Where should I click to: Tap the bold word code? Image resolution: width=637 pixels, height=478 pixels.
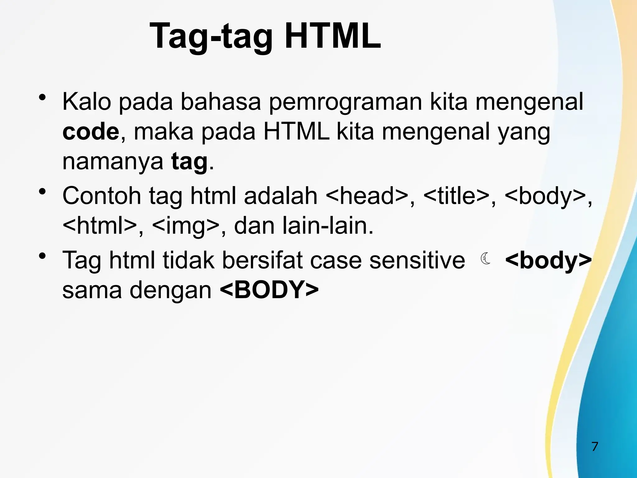(91, 132)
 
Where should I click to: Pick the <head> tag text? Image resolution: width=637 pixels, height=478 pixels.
(367, 196)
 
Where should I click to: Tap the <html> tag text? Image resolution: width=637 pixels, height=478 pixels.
(100, 226)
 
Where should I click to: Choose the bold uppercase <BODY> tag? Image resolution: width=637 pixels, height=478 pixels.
(269, 290)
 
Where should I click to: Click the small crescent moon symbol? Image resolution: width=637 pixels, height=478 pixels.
(485, 259)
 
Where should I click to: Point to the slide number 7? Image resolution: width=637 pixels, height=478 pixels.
(595, 447)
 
